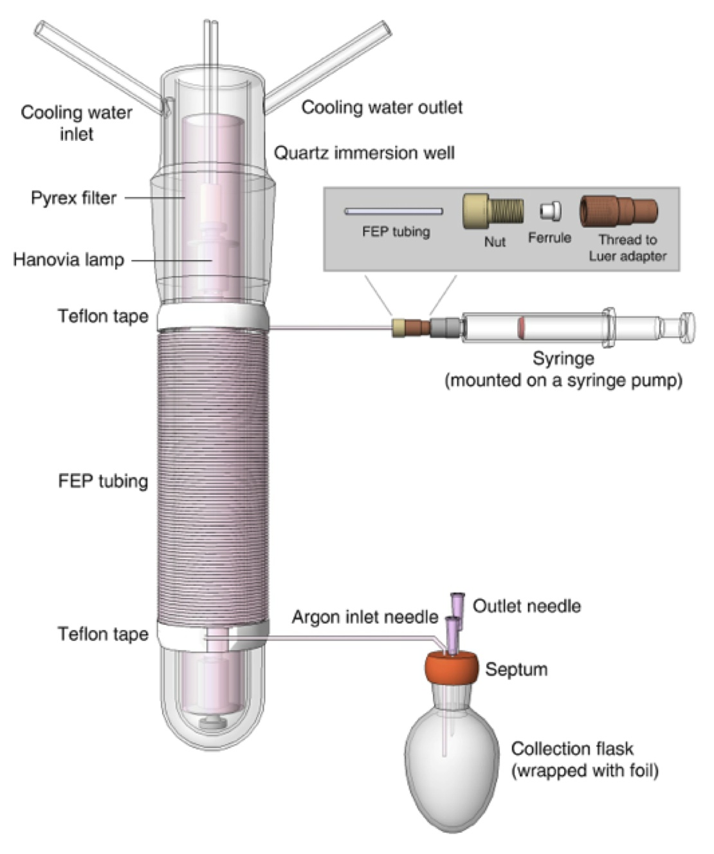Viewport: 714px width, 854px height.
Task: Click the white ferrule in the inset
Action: click(551, 211)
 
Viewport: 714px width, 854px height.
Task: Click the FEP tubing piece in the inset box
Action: click(394, 211)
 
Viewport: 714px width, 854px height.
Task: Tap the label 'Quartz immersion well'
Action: click(364, 153)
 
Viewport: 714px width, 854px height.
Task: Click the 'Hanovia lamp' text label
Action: click(68, 260)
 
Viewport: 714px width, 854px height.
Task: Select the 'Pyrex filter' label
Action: click(74, 198)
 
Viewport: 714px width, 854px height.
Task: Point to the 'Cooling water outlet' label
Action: click(382, 107)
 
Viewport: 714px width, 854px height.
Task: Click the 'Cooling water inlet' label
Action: click(77, 123)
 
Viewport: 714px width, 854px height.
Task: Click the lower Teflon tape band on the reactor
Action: click(213, 635)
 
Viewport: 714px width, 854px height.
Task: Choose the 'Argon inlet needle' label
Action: click(365, 617)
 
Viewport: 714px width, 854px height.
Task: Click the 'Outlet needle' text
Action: click(527, 606)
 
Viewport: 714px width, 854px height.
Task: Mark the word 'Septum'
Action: click(516, 669)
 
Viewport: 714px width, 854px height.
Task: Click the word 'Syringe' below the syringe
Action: click(563, 358)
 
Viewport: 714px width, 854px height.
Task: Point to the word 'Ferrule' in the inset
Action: click(549, 238)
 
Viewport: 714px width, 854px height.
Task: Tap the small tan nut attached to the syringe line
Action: click(399, 328)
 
